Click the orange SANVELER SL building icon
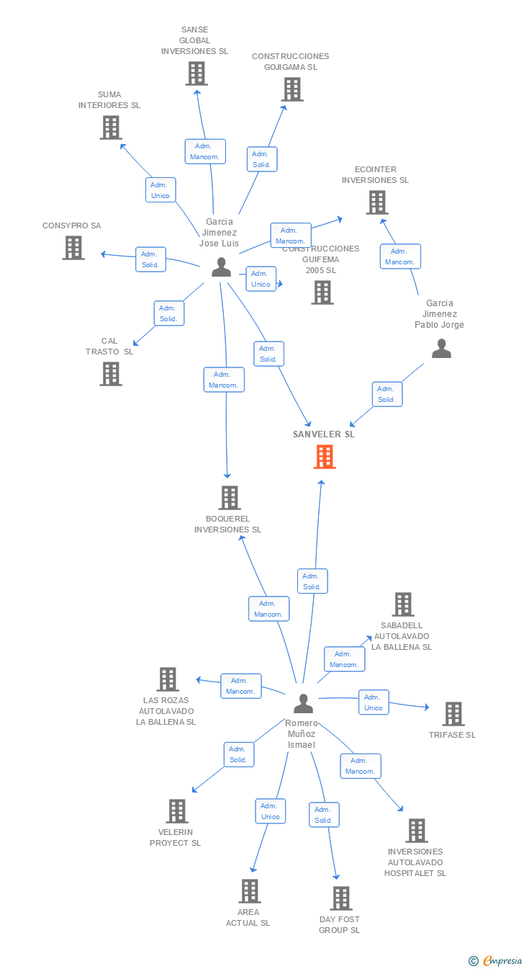pos(325,457)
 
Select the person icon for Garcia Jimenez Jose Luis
pos(221,267)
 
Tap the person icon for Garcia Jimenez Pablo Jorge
pos(441,349)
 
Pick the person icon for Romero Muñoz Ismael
pos(304,703)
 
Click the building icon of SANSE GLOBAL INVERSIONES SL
pos(196,73)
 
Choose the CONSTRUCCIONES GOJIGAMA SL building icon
pos(292,89)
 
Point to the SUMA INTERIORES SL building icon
pos(110,128)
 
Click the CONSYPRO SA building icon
pos(73,248)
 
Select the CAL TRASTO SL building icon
pos(110,374)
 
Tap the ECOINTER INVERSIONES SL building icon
pos(376,202)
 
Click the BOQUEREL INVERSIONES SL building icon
pos(229,498)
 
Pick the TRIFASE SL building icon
pos(453,714)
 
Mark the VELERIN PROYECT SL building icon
pos(176,811)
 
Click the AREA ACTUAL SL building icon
pos(249,891)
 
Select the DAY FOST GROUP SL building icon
pos(340,898)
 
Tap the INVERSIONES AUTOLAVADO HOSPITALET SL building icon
pos(416,831)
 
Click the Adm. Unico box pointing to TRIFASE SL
pos(374,702)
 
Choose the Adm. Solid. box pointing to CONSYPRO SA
pos(150,259)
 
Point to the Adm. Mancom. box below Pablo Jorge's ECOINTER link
pos(400,256)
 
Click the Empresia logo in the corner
pos(497,960)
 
